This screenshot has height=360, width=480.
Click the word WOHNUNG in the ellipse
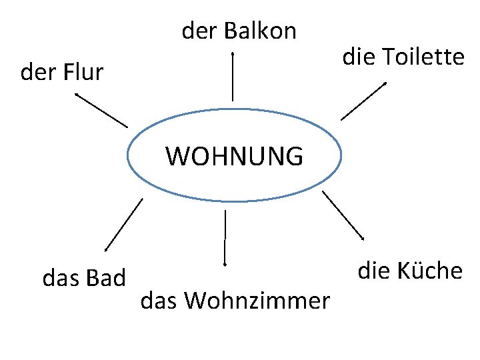pyautogui.click(x=234, y=157)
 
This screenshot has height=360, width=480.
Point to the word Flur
pyautogui.click(x=84, y=72)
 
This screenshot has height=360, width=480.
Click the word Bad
pyautogui.click(x=107, y=277)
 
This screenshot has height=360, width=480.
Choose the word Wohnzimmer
pyautogui.click(x=257, y=301)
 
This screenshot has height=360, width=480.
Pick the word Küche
pyautogui.click(x=429, y=271)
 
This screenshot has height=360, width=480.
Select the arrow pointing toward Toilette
pyautogui.click(x=363, y=101)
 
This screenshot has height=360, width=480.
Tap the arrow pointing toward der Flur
pyautogui.click(x=101, y=110)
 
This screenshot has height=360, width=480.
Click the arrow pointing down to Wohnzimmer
pyautogui.click(x=225, y=237)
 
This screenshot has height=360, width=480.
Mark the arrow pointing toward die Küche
pyautogui.click(x=343, y=215)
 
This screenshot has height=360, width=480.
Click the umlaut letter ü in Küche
pyautogui.click(x=417, y=271)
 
